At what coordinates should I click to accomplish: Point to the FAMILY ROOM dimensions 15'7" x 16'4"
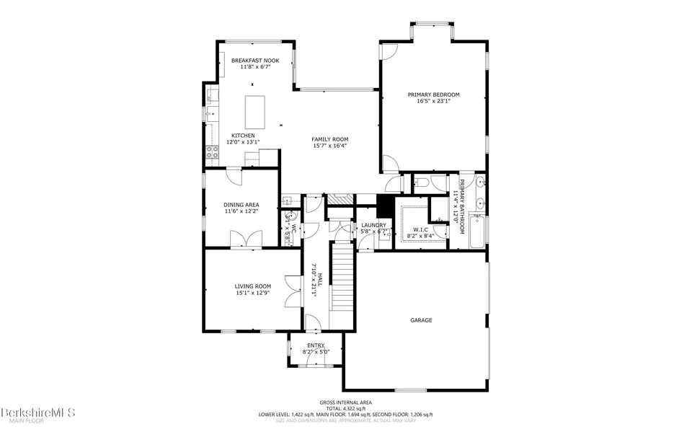pos(330,146)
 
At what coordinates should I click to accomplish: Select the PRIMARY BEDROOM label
pos(433,94)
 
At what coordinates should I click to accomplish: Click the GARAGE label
pos(421,320)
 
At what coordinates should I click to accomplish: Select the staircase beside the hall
pos(342,278)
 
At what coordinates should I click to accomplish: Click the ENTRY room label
pos(316,346)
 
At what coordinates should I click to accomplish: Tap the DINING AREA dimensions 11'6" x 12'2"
pos(241,212)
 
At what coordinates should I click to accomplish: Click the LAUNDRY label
pos(373,226)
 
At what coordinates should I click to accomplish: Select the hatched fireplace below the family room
pos(338,200)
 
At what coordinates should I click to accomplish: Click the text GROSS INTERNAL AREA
pos(346,402)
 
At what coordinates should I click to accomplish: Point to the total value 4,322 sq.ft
pos(346,408)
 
